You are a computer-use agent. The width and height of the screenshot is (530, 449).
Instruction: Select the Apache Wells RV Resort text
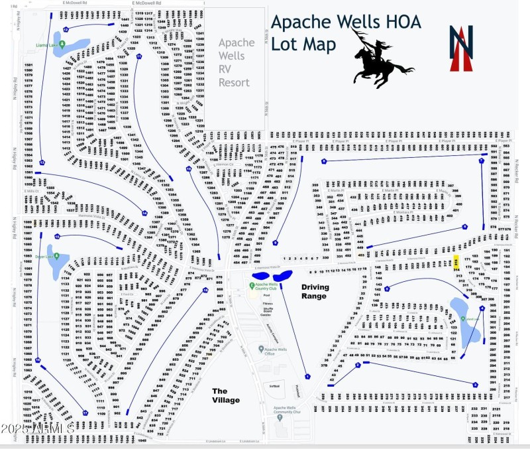(x=236, y=63)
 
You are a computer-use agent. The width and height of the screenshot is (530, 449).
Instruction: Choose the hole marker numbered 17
(x=85, y=413)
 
